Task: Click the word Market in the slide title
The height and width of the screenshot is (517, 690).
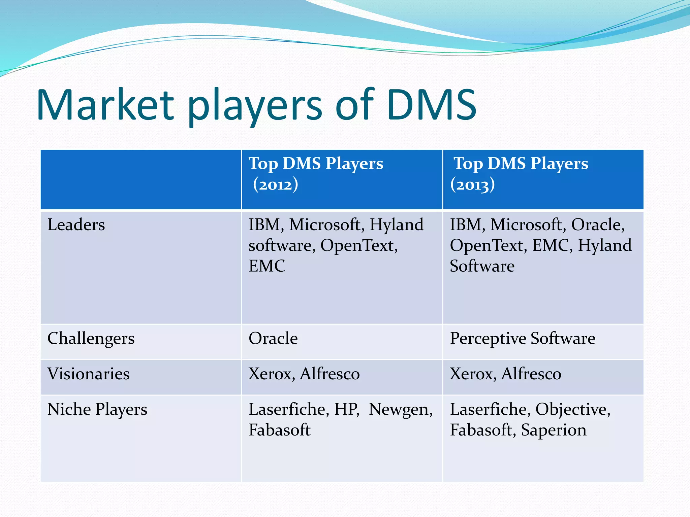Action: pyautogui.click(x=105, y=105)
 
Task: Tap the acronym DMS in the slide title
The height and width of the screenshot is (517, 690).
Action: pyautogui.click(x=432, y=105)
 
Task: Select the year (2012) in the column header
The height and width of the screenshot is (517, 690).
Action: pyautogui.click(x=276, y=185)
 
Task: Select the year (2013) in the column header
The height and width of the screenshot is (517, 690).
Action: pyautogui.click(x=472, y=185)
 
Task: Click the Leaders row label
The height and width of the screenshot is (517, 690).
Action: pyautogui.click(x=76, y=225)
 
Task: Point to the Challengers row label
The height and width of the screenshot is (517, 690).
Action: pyautogui.click(x=91, y=339)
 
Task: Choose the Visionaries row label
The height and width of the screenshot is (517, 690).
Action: pyautogui.click(x=88, y=374)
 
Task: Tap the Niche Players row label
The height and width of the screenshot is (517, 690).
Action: pyautogui.click(x=97, y=410)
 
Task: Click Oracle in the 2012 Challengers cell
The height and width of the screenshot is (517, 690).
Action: pyautogui.click(x=273, y=339)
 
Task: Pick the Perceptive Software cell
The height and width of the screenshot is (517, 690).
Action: pyautogui.click(x=523, y=339)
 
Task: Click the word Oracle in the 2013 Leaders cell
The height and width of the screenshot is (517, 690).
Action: pyautogui.click(x=597, y=225)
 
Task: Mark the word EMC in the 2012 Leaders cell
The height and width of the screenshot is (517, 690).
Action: pyautogui.click(x=266, y=266)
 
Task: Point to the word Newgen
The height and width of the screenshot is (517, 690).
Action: pyautogui.click(x=400, y=410)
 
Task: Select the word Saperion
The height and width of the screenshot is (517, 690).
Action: pyautogui.click(x=554, y=430)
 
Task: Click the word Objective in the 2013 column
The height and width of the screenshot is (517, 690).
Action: pyautogui.click(x=572, y=410)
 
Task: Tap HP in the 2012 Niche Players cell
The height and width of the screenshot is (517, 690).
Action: pyautogui.click(x=346, y=410)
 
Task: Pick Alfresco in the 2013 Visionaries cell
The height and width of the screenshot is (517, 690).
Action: pyautogui.click(x=531, y=374)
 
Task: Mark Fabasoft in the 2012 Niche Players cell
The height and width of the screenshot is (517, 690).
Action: pyautogui.click(x=279, y=430)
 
